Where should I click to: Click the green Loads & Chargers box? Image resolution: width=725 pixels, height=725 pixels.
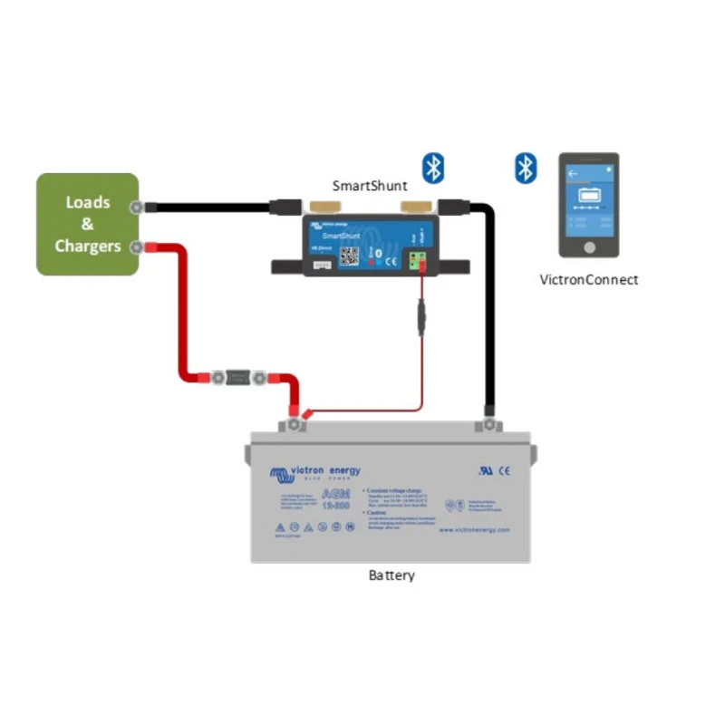(87, 224)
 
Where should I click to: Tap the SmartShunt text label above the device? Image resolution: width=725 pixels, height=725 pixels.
(369, 186)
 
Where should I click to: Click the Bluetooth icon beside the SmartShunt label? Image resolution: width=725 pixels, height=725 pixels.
(434, 168)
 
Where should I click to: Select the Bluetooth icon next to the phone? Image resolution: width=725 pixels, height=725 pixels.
(526, 168)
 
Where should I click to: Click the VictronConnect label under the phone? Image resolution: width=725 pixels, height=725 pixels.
(589, 280)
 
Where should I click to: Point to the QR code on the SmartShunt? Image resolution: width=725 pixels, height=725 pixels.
(351, 256)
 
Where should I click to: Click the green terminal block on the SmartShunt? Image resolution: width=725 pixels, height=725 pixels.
(419, 262)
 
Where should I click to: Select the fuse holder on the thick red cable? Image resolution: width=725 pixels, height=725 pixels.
(239, 376)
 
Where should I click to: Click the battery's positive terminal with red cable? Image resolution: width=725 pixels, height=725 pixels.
(296, 421)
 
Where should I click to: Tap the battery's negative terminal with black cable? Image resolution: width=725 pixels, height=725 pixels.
(488, 422)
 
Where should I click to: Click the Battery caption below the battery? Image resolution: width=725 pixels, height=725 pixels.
(391, 575)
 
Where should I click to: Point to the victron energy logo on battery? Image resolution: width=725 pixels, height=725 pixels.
(314, 472)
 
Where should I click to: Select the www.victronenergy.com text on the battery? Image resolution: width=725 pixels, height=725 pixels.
(474, 530)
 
